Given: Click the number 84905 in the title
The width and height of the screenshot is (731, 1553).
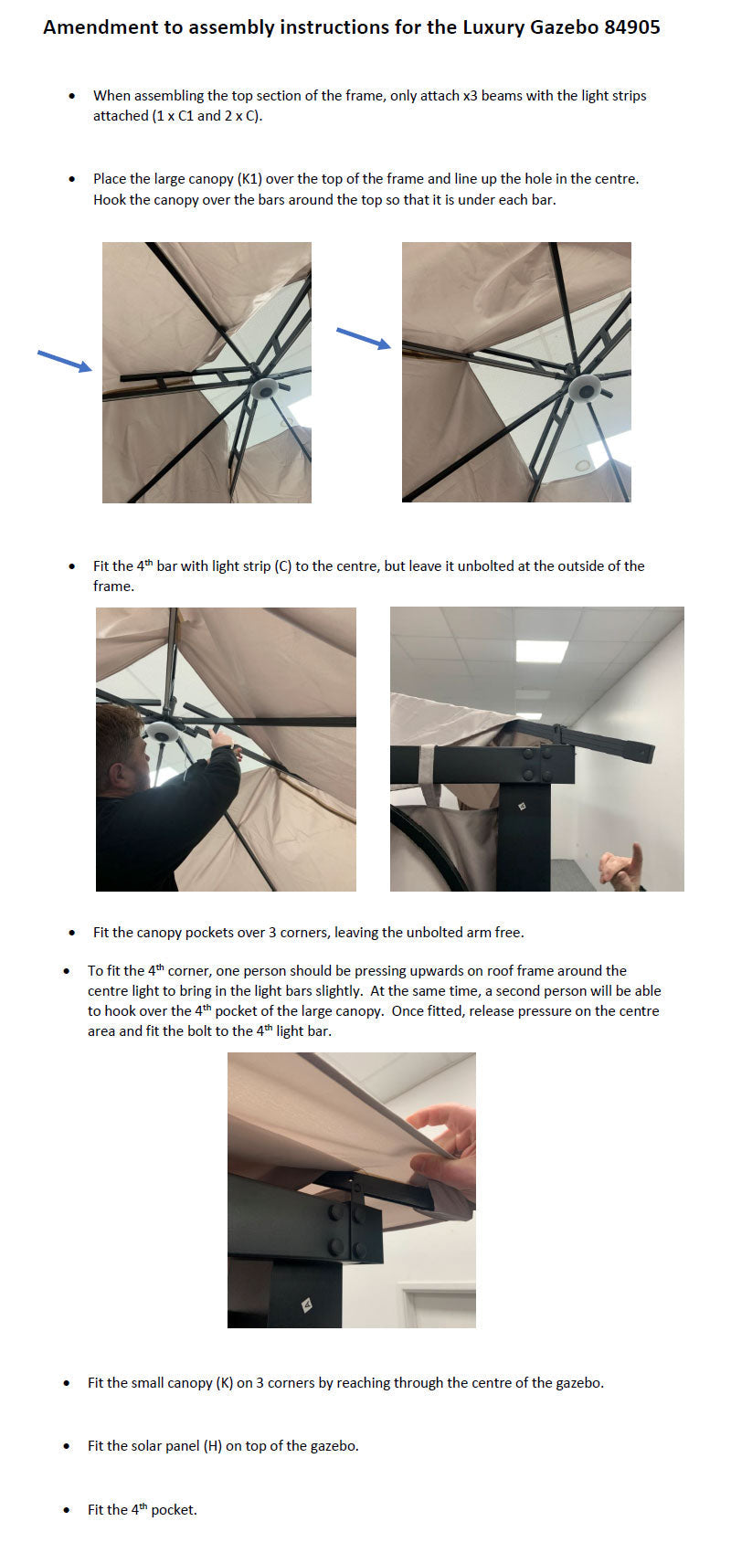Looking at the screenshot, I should (631, 27).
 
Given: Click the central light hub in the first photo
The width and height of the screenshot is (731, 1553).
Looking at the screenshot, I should (266, 388).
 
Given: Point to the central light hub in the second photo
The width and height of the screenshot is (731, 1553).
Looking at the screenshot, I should (586, 388).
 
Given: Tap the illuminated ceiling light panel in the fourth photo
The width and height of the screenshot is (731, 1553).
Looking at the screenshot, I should (542, 650).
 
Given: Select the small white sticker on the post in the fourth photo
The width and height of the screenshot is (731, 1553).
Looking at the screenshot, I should (520, 807).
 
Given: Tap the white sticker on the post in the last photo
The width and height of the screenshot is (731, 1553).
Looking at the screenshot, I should (307, 1305).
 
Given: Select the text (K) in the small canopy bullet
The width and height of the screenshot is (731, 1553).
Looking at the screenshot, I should (225, 1383).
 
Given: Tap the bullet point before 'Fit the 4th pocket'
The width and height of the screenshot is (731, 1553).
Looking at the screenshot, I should (67, 1510).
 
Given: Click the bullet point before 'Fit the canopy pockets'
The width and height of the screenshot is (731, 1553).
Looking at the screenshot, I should (72, 933).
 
